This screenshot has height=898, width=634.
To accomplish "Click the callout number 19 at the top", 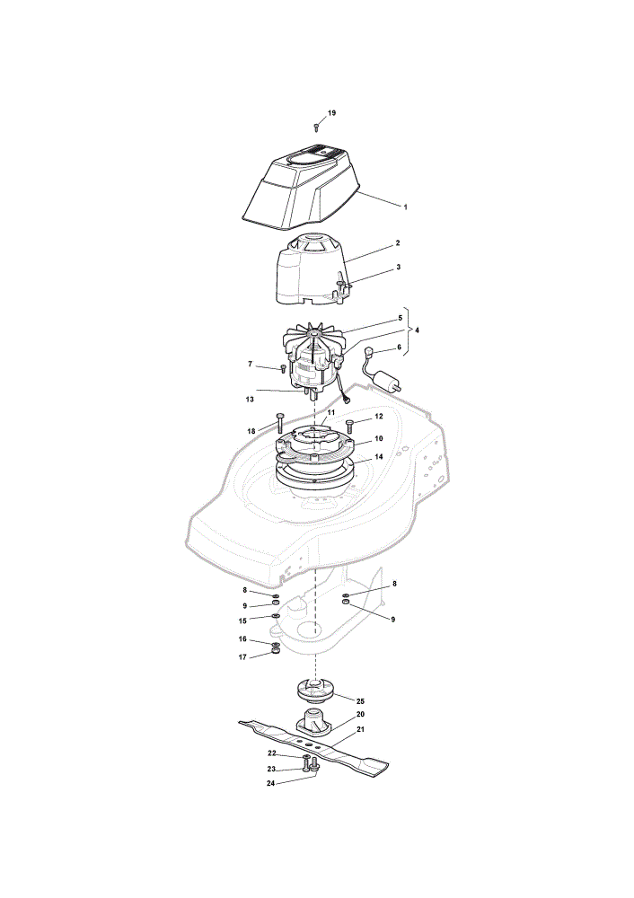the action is (x=331, y=113).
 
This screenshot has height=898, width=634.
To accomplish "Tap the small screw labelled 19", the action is (x=315, y=126).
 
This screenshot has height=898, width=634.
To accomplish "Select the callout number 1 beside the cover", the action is (x=406, y=207).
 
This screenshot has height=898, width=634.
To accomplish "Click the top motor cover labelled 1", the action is (x=301, y=186).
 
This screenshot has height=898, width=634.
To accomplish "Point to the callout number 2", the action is (x=398, y=242).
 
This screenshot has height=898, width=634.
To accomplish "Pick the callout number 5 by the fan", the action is (x=401, y=318).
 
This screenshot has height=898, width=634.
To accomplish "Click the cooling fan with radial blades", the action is (x=314, y=338).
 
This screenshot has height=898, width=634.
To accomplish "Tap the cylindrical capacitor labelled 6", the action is (x=387, y=381).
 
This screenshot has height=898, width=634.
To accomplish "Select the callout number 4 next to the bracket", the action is (x=417, y=330).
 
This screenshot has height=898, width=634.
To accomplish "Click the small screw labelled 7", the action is (x=282, y=368).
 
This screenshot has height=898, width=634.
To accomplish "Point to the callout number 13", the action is (x=250, y=400).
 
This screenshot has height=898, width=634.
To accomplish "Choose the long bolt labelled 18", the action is (x=280, y=422).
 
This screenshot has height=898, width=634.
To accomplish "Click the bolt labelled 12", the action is (x=350, y=427).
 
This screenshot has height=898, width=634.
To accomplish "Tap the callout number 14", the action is (x=379, y=457).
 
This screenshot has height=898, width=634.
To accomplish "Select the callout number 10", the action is (x=379, y=439).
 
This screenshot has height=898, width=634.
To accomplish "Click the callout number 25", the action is (x=360, y=701).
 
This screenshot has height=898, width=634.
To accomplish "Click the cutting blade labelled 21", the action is (x=313, y=747).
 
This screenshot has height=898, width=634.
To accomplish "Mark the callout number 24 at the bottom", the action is (x=271, y=783).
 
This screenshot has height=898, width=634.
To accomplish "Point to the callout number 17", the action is (x=242, y=657).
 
